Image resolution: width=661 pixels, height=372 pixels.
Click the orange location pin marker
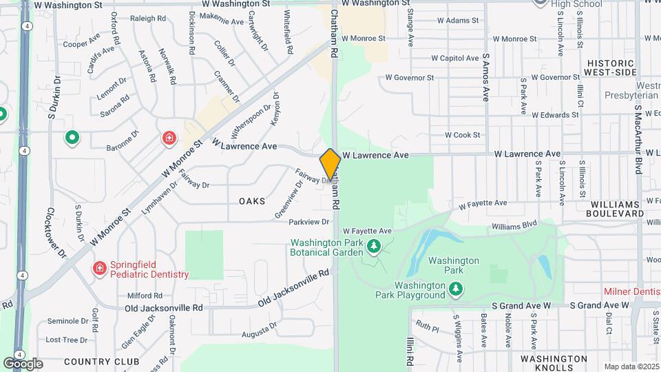330,164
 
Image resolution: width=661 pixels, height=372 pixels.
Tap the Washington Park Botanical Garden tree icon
374,246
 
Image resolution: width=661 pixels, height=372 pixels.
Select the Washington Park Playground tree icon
454,290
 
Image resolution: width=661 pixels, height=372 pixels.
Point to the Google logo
23,363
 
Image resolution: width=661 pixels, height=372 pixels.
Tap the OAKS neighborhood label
252,200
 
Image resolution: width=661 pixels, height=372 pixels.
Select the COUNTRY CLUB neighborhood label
101,361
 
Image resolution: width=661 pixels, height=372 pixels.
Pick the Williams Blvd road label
514,225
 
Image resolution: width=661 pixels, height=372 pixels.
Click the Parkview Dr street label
309,222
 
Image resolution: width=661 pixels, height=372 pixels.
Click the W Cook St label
462,135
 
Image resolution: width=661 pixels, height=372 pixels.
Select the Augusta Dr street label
259,334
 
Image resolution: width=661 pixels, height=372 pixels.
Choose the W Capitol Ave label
459,58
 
